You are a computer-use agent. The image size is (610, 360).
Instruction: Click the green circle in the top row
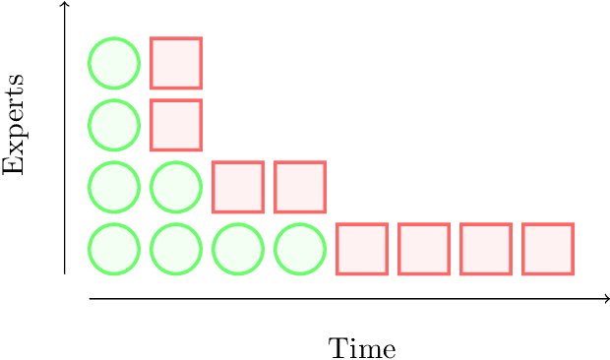114,63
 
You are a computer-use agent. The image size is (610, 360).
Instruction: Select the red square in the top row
176,63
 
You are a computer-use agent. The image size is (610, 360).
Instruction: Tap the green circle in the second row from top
114,125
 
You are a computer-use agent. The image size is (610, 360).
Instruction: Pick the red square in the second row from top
176,125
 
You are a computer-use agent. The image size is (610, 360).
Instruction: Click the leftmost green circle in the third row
114,187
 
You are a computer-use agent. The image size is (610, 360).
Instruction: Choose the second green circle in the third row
176,187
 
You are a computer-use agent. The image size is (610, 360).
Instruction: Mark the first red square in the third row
238,187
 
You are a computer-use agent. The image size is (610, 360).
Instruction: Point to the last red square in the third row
300,187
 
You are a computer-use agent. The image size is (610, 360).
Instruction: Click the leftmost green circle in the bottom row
114,249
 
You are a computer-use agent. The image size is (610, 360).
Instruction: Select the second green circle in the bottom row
176,249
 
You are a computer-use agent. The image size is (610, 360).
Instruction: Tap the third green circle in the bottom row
238,249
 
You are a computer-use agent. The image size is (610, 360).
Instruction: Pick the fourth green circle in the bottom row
300,249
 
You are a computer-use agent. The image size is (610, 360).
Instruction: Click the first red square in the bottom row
362,249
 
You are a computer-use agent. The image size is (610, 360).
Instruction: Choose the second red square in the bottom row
424,249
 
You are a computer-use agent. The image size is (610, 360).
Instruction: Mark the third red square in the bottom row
486,249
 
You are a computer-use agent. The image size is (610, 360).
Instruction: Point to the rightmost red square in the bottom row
548,249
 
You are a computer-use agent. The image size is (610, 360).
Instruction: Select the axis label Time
362,348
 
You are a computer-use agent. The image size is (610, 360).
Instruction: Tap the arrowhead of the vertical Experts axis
65,5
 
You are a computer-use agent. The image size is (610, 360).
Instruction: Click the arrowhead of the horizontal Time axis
606,298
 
